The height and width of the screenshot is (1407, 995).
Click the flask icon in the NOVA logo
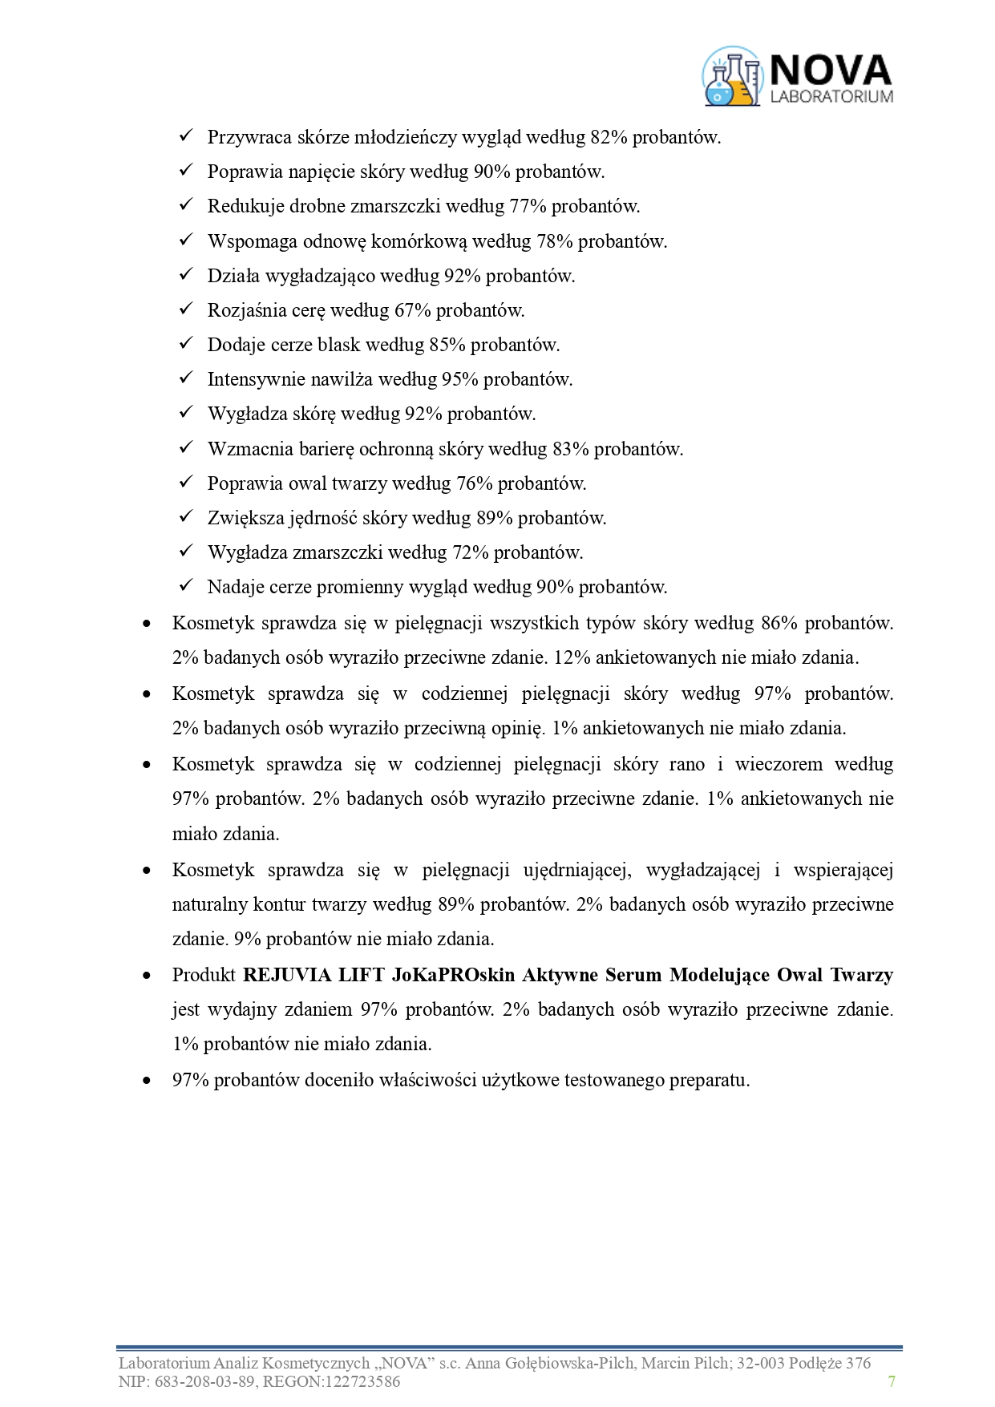pos(730,77)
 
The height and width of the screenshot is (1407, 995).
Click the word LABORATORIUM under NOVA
pos(831,96)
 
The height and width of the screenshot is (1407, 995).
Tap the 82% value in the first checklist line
pos(609,137)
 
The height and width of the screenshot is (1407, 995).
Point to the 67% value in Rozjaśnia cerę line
pos(412,310)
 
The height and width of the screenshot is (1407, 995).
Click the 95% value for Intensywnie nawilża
pos(459,379)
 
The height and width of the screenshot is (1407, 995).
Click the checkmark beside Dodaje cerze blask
pos(186,344)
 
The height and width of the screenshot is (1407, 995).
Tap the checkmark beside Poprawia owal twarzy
pos(186,483)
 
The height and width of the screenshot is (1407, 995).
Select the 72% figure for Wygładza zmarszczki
pos(471,552)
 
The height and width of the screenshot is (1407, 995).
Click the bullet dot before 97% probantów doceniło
pos(146,1081)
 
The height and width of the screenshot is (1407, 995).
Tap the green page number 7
pos(892,1381)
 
